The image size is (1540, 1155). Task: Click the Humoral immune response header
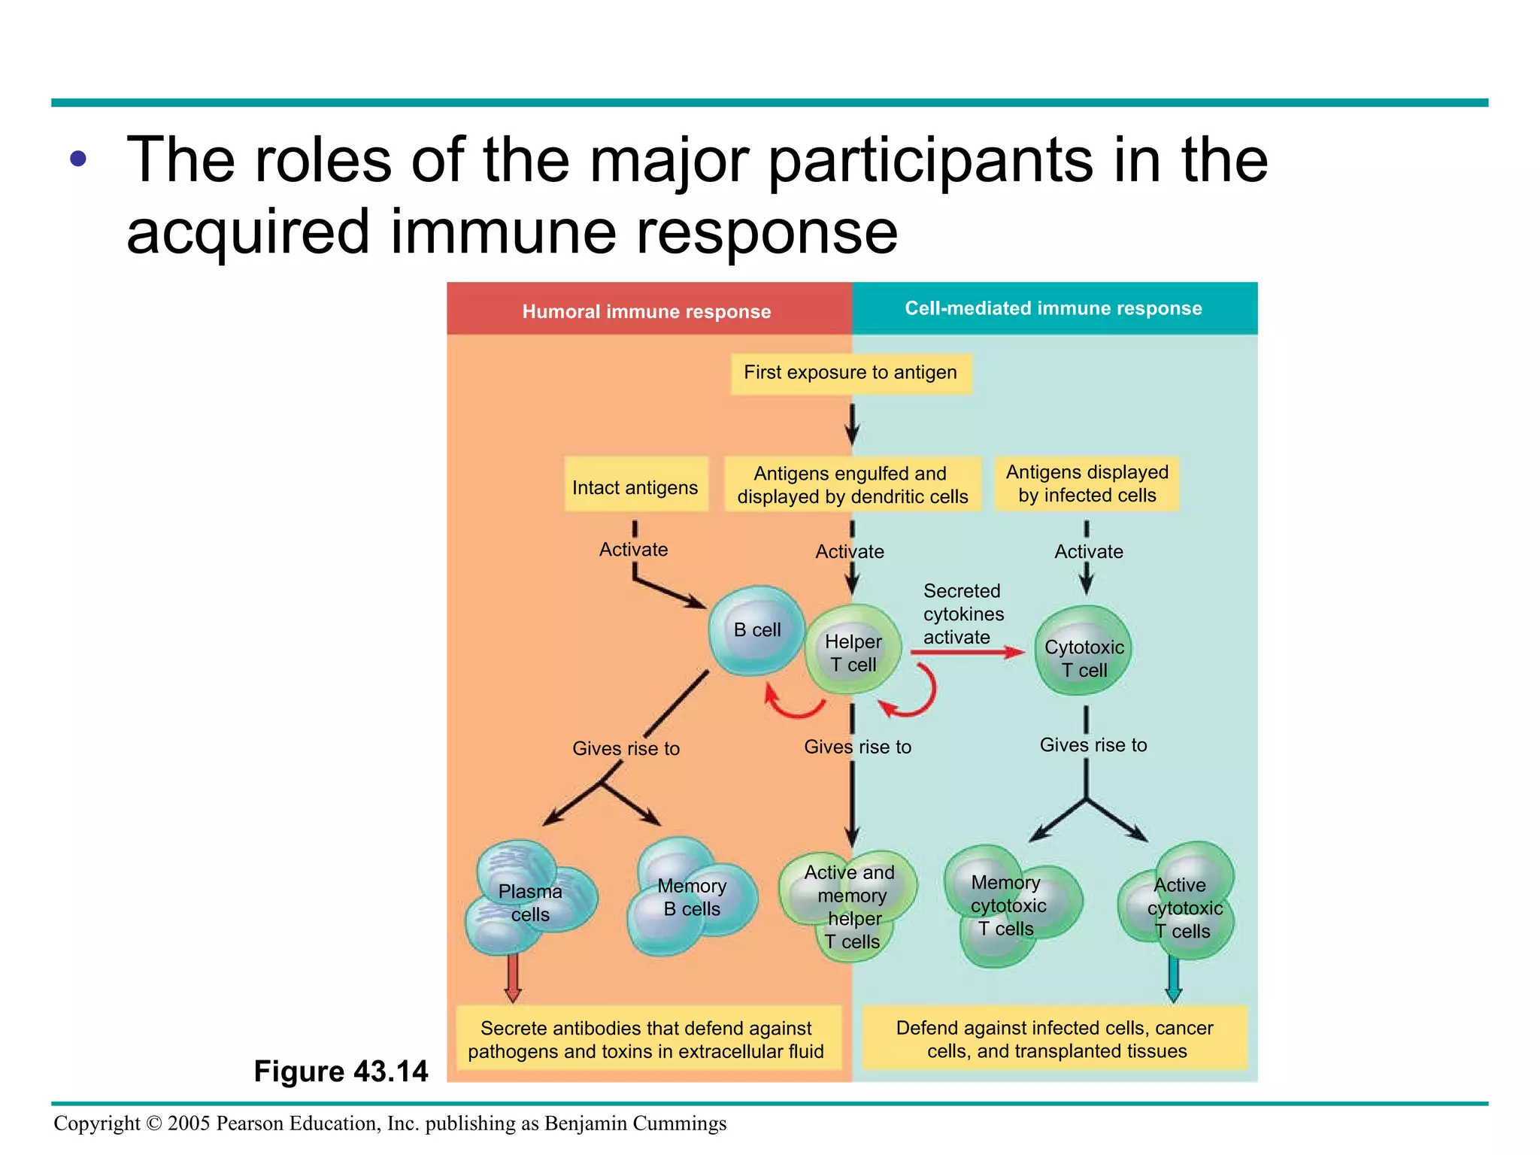(x=647, y=311)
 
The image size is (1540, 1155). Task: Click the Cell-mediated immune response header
(x=1053, y=308)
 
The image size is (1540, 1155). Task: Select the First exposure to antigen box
(x=850, y=373)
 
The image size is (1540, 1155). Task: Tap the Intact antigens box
(x=635, y=486)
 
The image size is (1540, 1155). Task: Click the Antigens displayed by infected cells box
(x=1087, y=484)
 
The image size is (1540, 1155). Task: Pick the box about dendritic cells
(x=852, y=484)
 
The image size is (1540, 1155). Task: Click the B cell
(x=756, y=630)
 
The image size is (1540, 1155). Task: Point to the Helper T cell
(x=853, y=651)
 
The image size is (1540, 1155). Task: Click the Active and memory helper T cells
(x=850, y=905)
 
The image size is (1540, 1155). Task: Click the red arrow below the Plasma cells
(x=513, y=977)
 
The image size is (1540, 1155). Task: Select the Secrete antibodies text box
(x=647, y=1039)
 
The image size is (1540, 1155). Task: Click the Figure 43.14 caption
(x=341, y=1071)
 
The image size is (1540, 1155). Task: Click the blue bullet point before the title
(x=78, y=159)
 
